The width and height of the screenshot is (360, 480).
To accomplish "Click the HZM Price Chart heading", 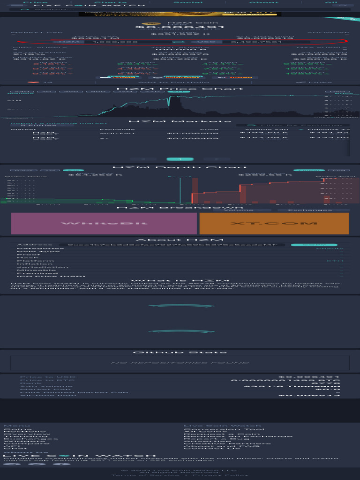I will pos(180,89).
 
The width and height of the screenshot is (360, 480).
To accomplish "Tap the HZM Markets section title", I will pos(180,121).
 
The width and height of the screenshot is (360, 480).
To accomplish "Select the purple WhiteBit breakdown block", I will pos(104,223).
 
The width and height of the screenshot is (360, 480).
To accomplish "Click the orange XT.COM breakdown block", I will pos(274,223).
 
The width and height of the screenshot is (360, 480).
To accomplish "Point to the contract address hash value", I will pos(175,245).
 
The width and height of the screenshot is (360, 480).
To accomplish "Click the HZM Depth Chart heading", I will pos(180,167).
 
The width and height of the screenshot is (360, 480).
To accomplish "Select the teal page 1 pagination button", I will pos(180,159).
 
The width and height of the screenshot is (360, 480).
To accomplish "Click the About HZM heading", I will pos(180,240).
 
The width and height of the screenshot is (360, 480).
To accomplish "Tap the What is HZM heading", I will pos(180,280).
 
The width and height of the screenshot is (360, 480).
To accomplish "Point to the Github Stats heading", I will pos(180,352).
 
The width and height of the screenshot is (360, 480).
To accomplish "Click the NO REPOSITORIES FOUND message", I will pos(180,363).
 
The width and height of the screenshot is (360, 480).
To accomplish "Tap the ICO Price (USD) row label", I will pos(42,276).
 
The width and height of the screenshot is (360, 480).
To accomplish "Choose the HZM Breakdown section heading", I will pos(180,208).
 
